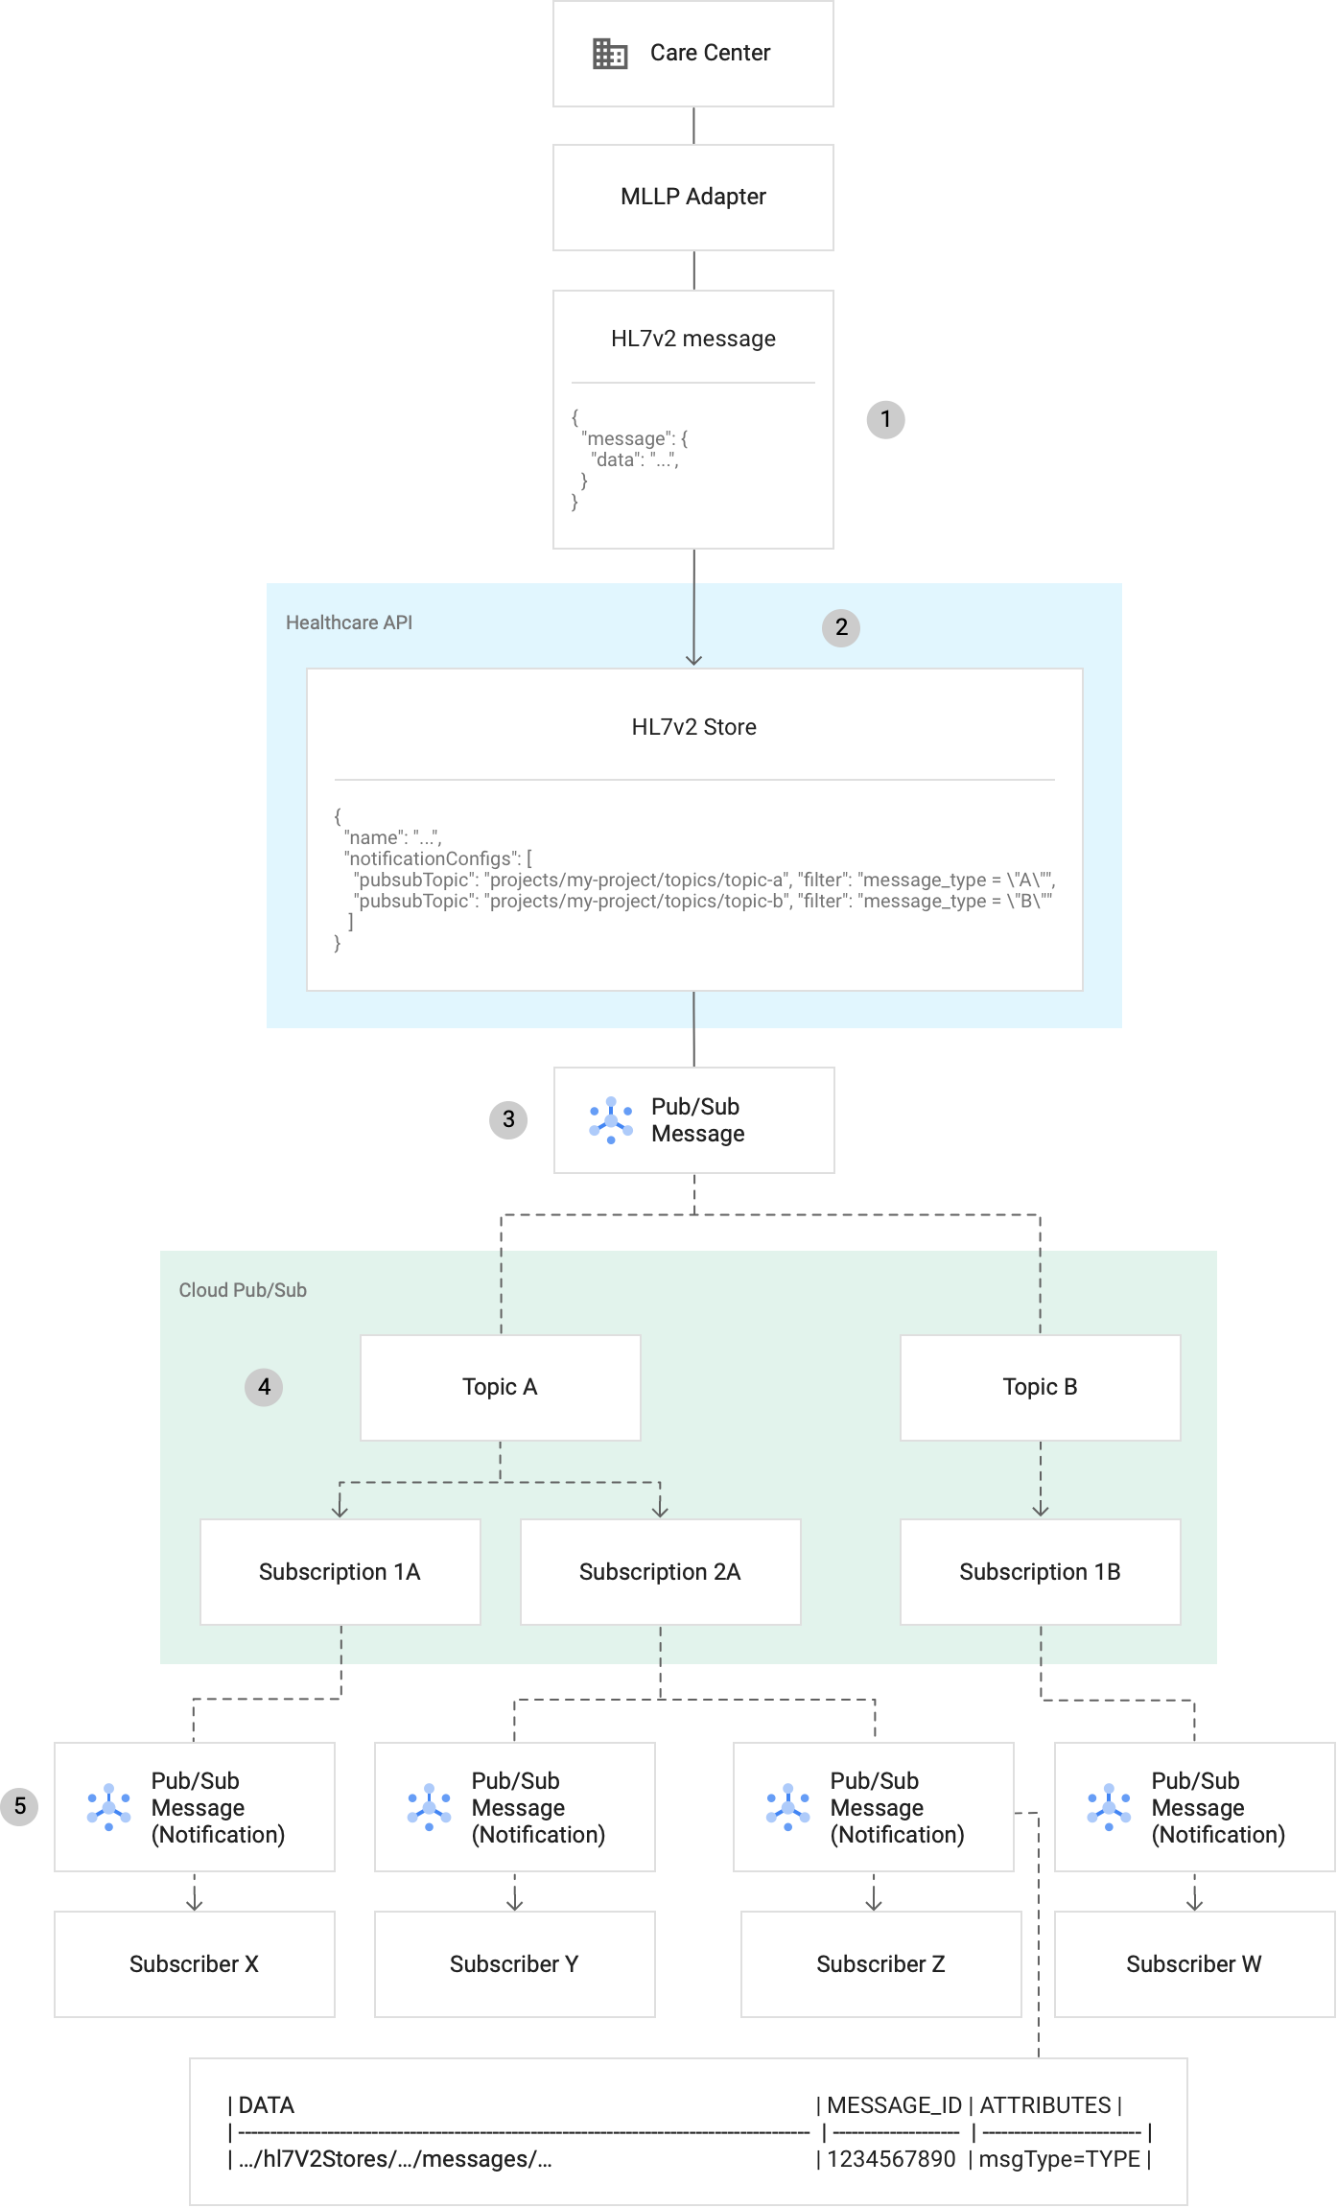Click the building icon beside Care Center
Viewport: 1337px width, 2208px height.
[610, 54]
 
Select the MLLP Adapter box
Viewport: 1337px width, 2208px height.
[692, 198]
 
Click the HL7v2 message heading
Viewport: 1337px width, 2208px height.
[692, 339]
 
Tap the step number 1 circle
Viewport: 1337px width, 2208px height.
[885, 419]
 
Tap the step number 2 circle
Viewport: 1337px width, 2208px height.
[841, 627]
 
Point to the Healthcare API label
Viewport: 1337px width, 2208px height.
[349, 622]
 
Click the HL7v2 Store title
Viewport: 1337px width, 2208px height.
[693, 727]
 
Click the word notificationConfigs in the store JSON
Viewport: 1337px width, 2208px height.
[431, 858]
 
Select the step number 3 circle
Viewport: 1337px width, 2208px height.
[508, 1119]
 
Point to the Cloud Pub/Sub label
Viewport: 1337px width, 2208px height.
[243, 1290]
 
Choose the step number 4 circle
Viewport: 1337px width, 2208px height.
[264, 1387]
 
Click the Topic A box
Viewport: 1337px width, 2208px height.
[500, 1387]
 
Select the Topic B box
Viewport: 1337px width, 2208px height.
[1040, 1387]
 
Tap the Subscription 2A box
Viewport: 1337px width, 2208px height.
[660, 1572]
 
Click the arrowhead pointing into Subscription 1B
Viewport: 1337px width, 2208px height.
[1041, 1511]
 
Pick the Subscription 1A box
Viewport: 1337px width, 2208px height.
[340, 1572]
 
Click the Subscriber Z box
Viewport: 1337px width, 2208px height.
[880, 1964]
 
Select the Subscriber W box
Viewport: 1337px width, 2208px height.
[1193, 1964]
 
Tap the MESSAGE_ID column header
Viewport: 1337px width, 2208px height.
[894, 2105]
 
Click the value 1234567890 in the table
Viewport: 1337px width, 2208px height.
[891, 2159]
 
